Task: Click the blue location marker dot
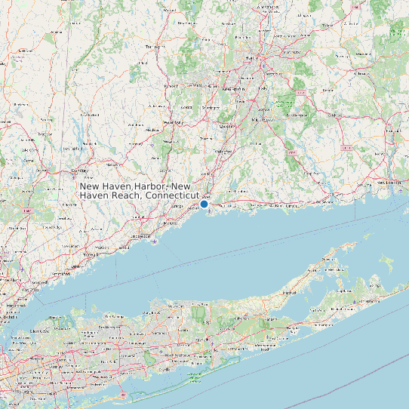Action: tap(204, 204)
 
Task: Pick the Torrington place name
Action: tap(154, 46)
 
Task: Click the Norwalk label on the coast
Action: tap(98, 254)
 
